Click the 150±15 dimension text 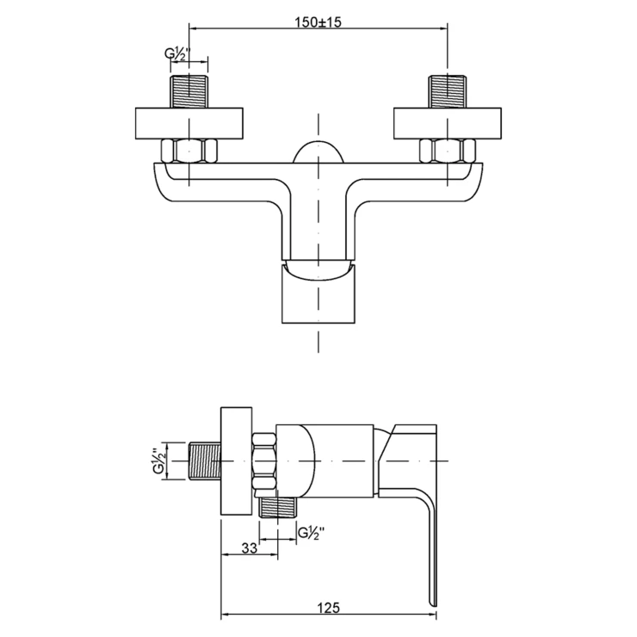318,22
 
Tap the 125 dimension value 328,608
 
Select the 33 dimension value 249,548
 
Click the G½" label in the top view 177,54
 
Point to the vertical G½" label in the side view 160,461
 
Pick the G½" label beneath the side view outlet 312,533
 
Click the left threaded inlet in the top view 189,91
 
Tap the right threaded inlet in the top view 448,91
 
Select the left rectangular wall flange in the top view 189,123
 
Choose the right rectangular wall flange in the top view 448,123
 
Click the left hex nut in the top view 189,151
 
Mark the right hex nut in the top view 448,151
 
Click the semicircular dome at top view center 318,152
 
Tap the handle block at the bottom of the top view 318,294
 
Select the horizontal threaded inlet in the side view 205,461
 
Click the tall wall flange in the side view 236,461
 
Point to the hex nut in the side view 264,461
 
